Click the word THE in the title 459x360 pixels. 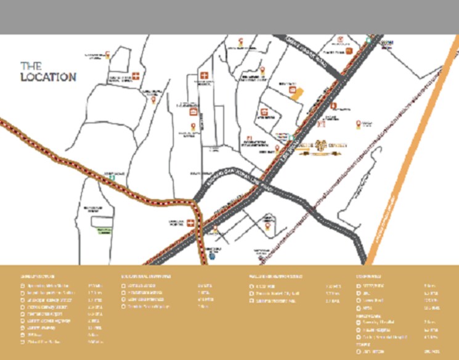(x=30, y=65)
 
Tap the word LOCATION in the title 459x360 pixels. (x=49, y=77)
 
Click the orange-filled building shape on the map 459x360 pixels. (x=296, y=92)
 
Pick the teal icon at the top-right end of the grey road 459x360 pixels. (x=368, y=39)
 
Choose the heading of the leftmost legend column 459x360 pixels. (x=38, y=277)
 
